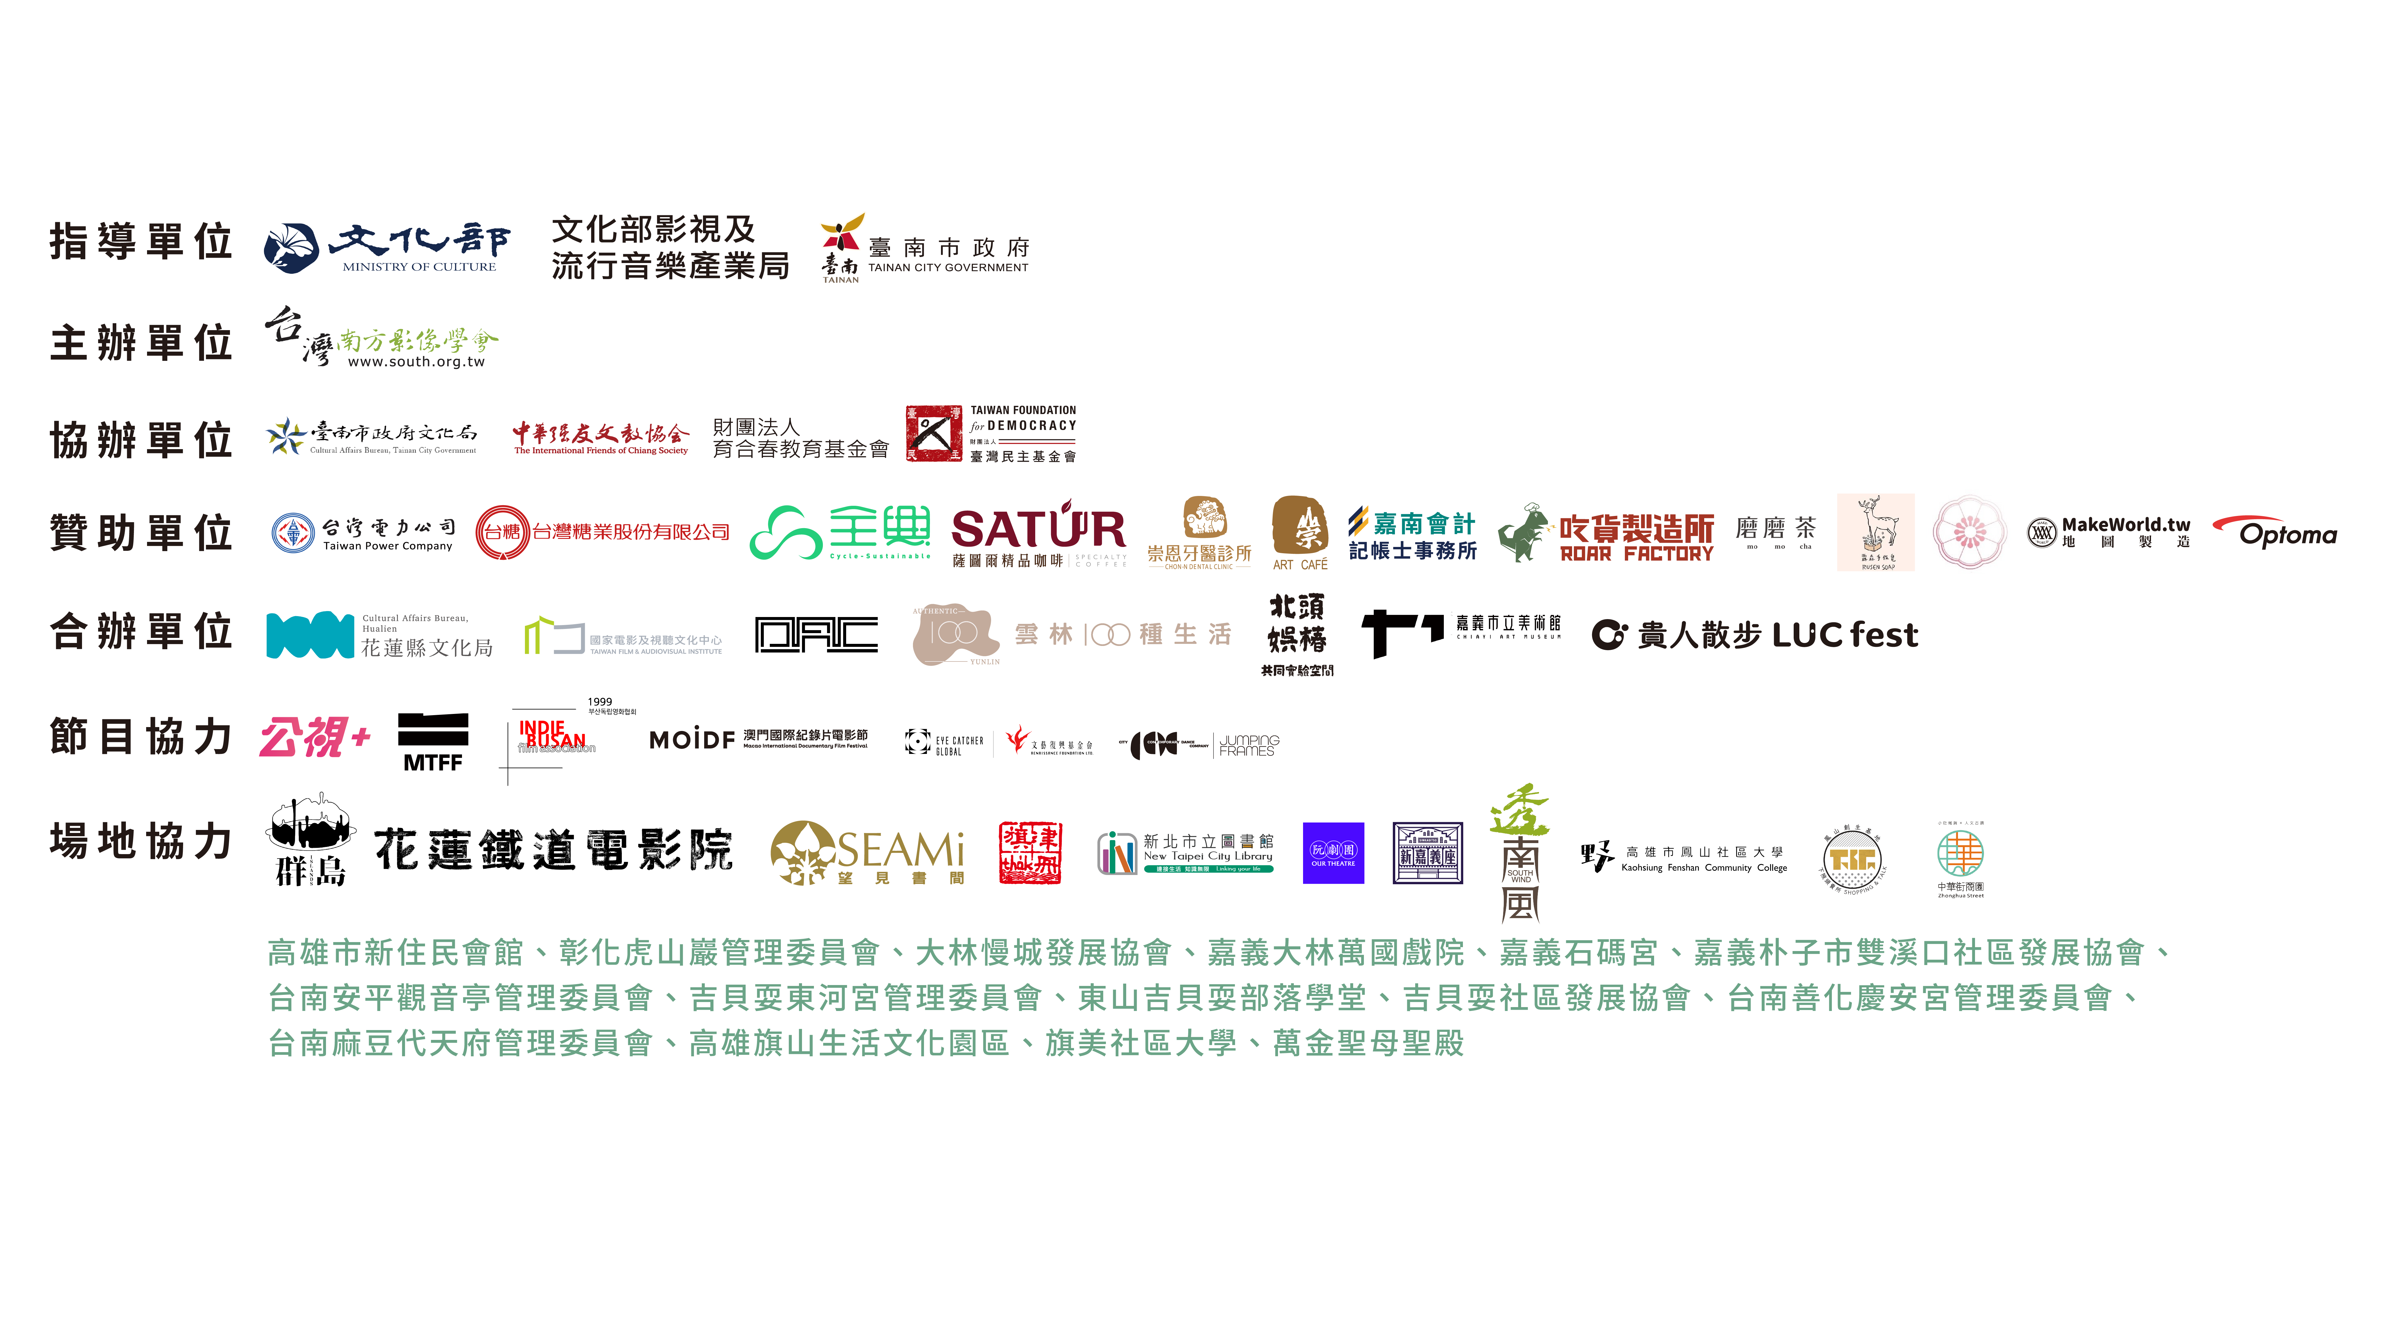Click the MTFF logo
tap(432, 742)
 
